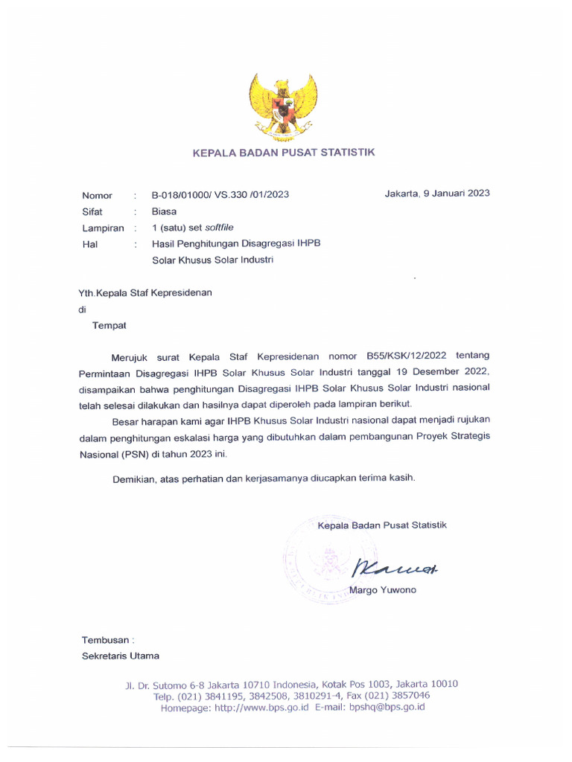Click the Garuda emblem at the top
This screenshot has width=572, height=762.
click(x=283, y=107)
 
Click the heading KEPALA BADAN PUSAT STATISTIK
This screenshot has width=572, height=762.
click(x=284, y=153)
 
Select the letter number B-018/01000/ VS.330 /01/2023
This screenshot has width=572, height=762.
click(x=220, y=195)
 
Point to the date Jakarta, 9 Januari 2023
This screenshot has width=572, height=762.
click(x=436, y=193)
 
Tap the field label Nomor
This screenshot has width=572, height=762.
click(x=97, y=196)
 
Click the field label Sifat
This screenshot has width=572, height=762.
click(x=92, y=211)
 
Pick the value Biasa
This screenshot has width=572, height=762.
click(x=164, y=211)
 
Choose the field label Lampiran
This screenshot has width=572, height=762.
click(x=103, y=228)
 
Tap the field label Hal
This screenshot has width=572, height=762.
click(x=89, y=243)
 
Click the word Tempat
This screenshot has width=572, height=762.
click(x=109, y=325)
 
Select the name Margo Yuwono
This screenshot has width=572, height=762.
click(x=387, y=590)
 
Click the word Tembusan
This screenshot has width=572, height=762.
click(x=106, y=639)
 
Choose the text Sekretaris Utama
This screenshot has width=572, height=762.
click(x=120, y=656)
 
